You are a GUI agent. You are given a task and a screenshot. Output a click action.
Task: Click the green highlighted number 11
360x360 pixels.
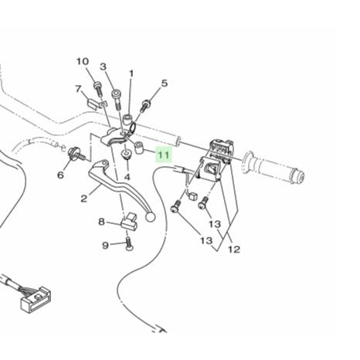click(x=164, y=155)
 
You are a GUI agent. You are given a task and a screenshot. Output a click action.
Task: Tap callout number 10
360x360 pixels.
click(x=83, y=62)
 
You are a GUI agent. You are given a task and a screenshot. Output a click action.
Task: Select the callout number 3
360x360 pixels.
click(x=103, y=66)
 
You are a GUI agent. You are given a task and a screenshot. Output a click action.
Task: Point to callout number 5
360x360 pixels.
click(x=165, y=83)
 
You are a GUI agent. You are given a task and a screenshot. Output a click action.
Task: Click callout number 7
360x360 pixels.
click(x=79, y=89)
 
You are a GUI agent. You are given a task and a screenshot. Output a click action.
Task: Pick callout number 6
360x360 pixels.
click(x=60, y=175)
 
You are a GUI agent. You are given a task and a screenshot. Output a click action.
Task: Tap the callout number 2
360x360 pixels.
click(x=83, y=199)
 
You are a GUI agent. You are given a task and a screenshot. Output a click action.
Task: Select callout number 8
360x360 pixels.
click(x=102, y=222)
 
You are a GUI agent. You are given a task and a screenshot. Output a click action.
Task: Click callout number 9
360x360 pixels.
click(x=105, y=246)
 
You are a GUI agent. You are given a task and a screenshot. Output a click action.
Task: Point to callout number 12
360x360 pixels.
click(x=234, y=250)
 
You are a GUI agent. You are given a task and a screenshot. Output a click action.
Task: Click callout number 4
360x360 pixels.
click(x=127, y=177)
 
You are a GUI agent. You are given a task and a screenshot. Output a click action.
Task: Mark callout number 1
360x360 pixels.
click(x=131, y=74)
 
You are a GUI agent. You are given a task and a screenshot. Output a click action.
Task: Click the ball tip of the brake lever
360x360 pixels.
click(x=151, y=217)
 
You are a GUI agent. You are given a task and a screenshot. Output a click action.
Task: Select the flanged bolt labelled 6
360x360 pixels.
click(x=76, y=155)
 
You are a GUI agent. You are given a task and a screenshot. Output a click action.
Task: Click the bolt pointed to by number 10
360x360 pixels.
click(x=98, y=90)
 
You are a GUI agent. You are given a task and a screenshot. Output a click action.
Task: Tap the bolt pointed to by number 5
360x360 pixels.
click(x=144, y=106)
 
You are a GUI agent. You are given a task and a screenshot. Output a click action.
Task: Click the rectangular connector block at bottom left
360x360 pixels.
click(x=36, y=299)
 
